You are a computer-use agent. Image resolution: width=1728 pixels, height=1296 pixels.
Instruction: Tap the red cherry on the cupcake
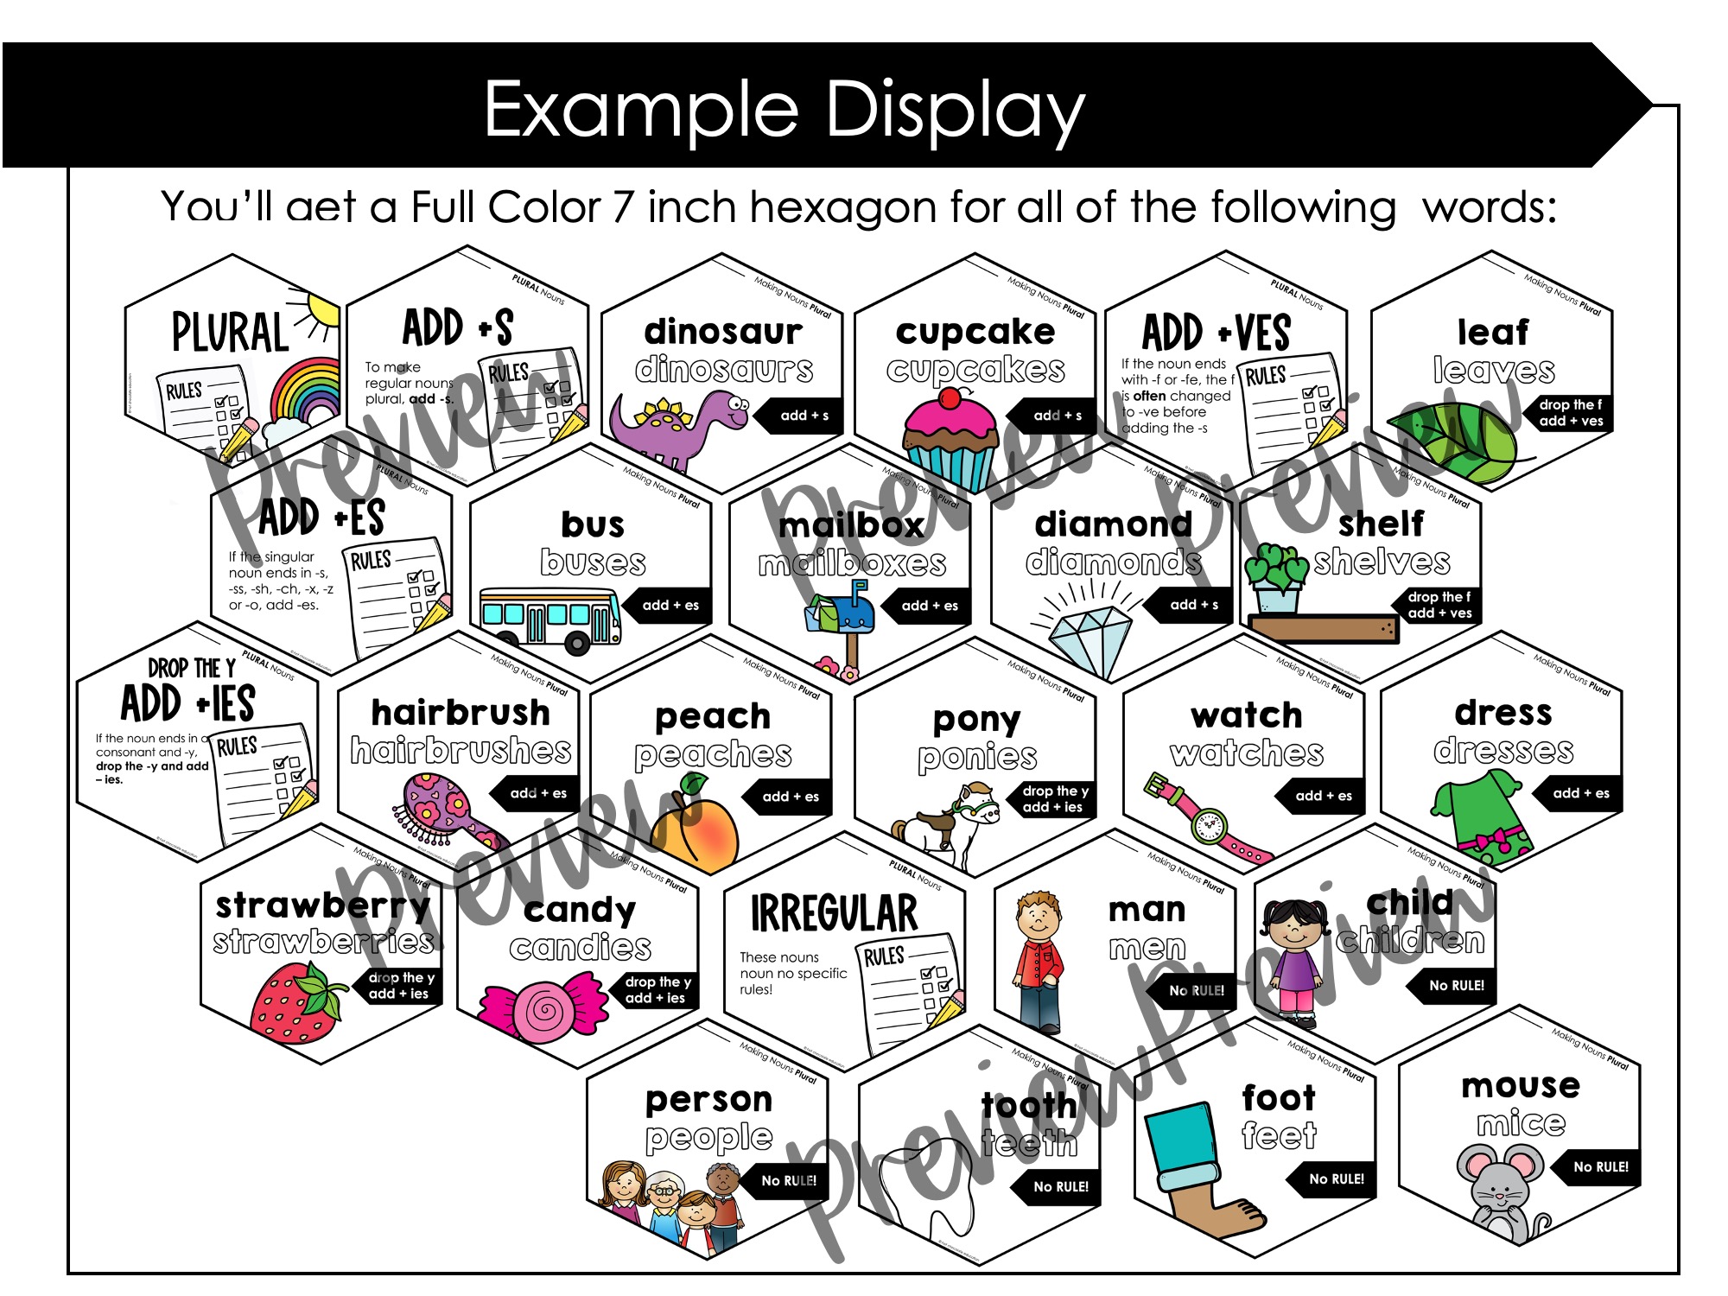tap(950, 398)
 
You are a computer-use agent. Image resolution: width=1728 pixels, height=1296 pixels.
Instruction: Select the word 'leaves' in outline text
tap(1494, 371)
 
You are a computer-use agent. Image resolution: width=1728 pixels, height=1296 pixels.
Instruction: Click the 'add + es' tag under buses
tap(670, 605)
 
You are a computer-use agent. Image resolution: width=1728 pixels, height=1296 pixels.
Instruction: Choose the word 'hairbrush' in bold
tap(461, 713)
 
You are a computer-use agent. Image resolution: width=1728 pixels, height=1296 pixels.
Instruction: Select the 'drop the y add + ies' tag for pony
tap(1054, 799)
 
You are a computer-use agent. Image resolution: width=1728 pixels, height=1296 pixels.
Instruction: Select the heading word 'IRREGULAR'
tap(834, 914)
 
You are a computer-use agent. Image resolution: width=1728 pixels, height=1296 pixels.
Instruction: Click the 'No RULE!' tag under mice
tap(1600, 1166)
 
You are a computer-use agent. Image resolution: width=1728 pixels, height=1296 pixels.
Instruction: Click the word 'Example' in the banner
tap(639, 111)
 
